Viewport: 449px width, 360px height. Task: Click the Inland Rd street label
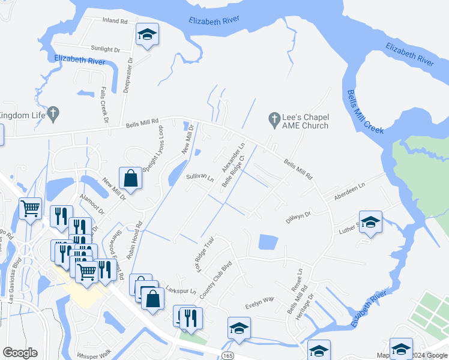pyautogui.click(x=116, y=21)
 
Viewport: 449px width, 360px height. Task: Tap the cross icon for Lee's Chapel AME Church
pyautogui.click(x=274, y=119)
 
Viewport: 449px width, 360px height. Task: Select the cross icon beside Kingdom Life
pyautogui.click(x=53, y=112)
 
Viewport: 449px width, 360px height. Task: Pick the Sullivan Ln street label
pyautogui.click(x=200, y=178)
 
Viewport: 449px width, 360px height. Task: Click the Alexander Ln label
pyautogui.click(x=234, y=155)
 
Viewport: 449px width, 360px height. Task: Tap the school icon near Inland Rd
pyautogui.click(x=146, y=35)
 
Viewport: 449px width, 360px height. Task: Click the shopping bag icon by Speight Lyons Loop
pyautogui.click(x=130, y=178)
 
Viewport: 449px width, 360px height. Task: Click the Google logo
pyautogui.click(x=20, y=353)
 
